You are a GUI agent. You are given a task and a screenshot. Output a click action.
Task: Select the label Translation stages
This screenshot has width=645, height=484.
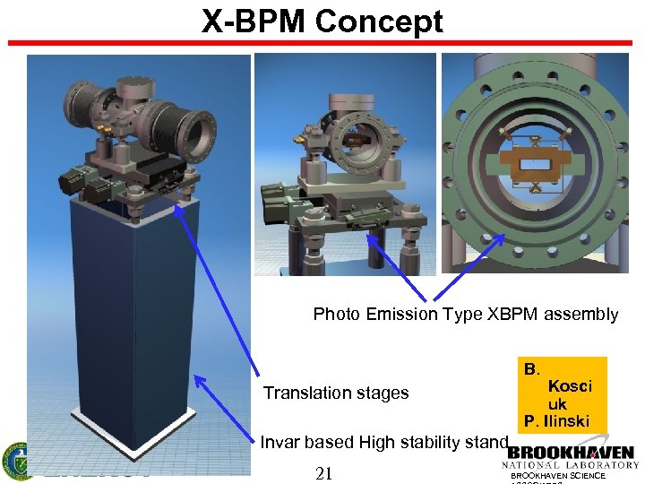tap(335, 393)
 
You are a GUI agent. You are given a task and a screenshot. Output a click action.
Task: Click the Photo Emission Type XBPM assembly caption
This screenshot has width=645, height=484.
tap(465, 314)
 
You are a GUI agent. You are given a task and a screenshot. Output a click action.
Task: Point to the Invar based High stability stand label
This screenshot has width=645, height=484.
tap(384, 442)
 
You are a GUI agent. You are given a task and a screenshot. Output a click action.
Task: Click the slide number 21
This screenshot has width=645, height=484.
tap(324, 473)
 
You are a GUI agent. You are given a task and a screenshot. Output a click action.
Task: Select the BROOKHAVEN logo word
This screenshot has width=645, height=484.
tap(571, 454)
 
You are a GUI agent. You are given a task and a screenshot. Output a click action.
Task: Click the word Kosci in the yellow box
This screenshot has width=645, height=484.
tap(570, 386)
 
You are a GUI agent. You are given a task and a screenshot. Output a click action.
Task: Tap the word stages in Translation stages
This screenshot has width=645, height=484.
tap(384, 393)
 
